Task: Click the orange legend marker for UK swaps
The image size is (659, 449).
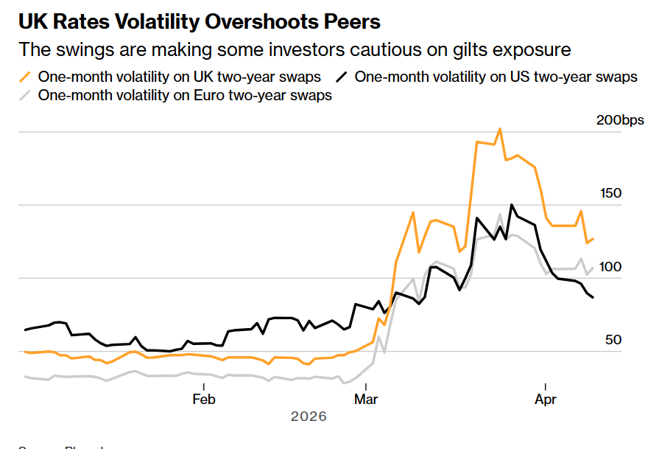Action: [x=26, y=77]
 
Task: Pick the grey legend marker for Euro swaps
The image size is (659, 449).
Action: [x=26, y=95]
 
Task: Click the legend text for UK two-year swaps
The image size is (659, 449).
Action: [x=180, y=77]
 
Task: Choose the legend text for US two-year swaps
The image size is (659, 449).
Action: [x=496, y=77]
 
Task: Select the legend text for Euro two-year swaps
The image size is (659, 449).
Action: [x=185, y=95]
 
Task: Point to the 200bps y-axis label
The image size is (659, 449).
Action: [x=619, y=120]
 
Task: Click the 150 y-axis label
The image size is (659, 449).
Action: [x=611, y=193]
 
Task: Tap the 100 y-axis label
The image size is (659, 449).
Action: [x=611, y=267]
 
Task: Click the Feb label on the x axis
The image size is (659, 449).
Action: [x=203, y=400]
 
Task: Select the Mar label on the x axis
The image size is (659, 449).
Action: [x=366, y=400]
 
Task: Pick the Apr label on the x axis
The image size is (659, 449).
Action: [x=545, y=400]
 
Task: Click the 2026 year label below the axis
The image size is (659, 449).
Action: [x=309, y=417]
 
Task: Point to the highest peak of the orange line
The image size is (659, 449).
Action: [x=500, y=129]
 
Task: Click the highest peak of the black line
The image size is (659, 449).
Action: [x=512, y=205]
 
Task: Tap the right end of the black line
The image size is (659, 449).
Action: [x=593, y=297]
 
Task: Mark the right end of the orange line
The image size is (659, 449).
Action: [x=593, y=239]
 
